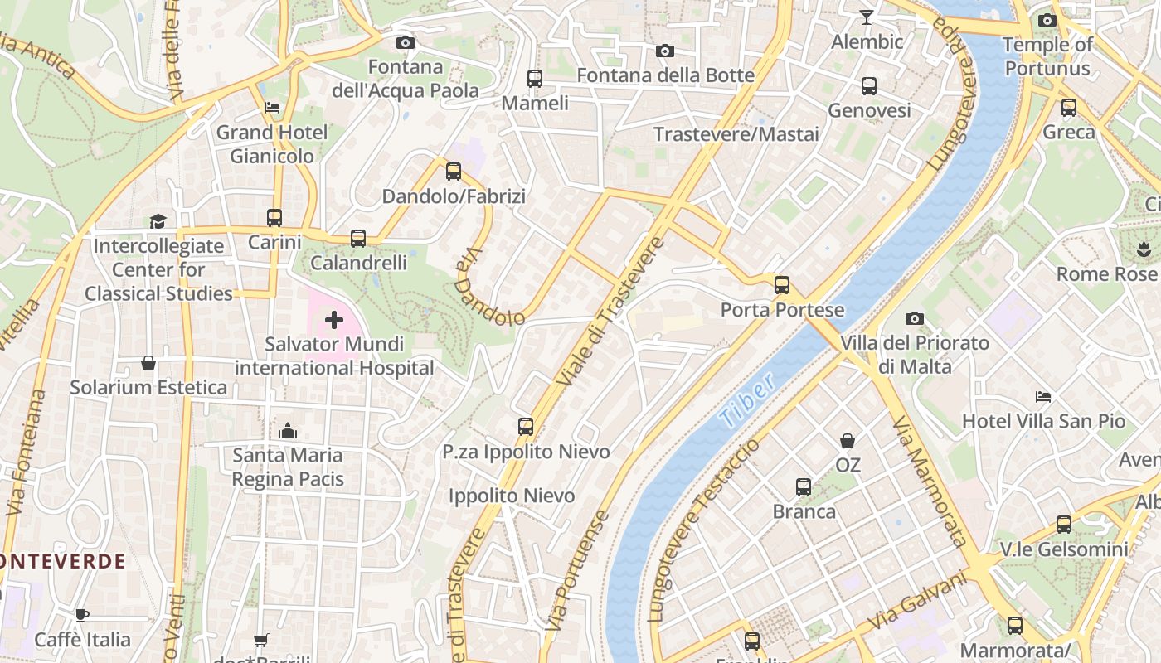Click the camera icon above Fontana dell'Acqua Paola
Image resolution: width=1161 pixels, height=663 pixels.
(406, 42)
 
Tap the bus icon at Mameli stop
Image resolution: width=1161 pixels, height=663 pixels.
(535, 79)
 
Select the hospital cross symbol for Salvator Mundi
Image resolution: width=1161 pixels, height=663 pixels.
(334, 320)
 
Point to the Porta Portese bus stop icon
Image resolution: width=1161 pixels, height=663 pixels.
(782, 285)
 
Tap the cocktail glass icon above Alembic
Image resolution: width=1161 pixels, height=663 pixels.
(867, 17)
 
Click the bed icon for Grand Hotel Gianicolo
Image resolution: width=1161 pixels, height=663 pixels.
(272, 108)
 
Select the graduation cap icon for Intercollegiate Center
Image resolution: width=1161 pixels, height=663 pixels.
(158, 221)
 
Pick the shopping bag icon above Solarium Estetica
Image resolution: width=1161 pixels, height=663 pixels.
(148, 363)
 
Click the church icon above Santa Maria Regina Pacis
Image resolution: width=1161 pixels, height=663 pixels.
(288, 430)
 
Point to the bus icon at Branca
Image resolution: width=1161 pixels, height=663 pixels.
(804, 486)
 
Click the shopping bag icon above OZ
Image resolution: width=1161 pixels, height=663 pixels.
(848, 440)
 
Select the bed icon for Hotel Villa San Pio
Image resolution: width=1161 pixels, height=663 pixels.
(1043, 397)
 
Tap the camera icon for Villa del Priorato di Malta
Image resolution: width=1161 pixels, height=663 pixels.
(915, 318)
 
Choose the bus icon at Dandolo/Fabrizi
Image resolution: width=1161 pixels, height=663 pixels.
(454, 172)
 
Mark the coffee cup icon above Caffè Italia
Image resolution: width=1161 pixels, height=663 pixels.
(82, 615)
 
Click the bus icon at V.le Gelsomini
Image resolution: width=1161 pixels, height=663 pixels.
(1064, 524)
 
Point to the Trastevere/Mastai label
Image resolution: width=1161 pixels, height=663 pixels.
(736, 134)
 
